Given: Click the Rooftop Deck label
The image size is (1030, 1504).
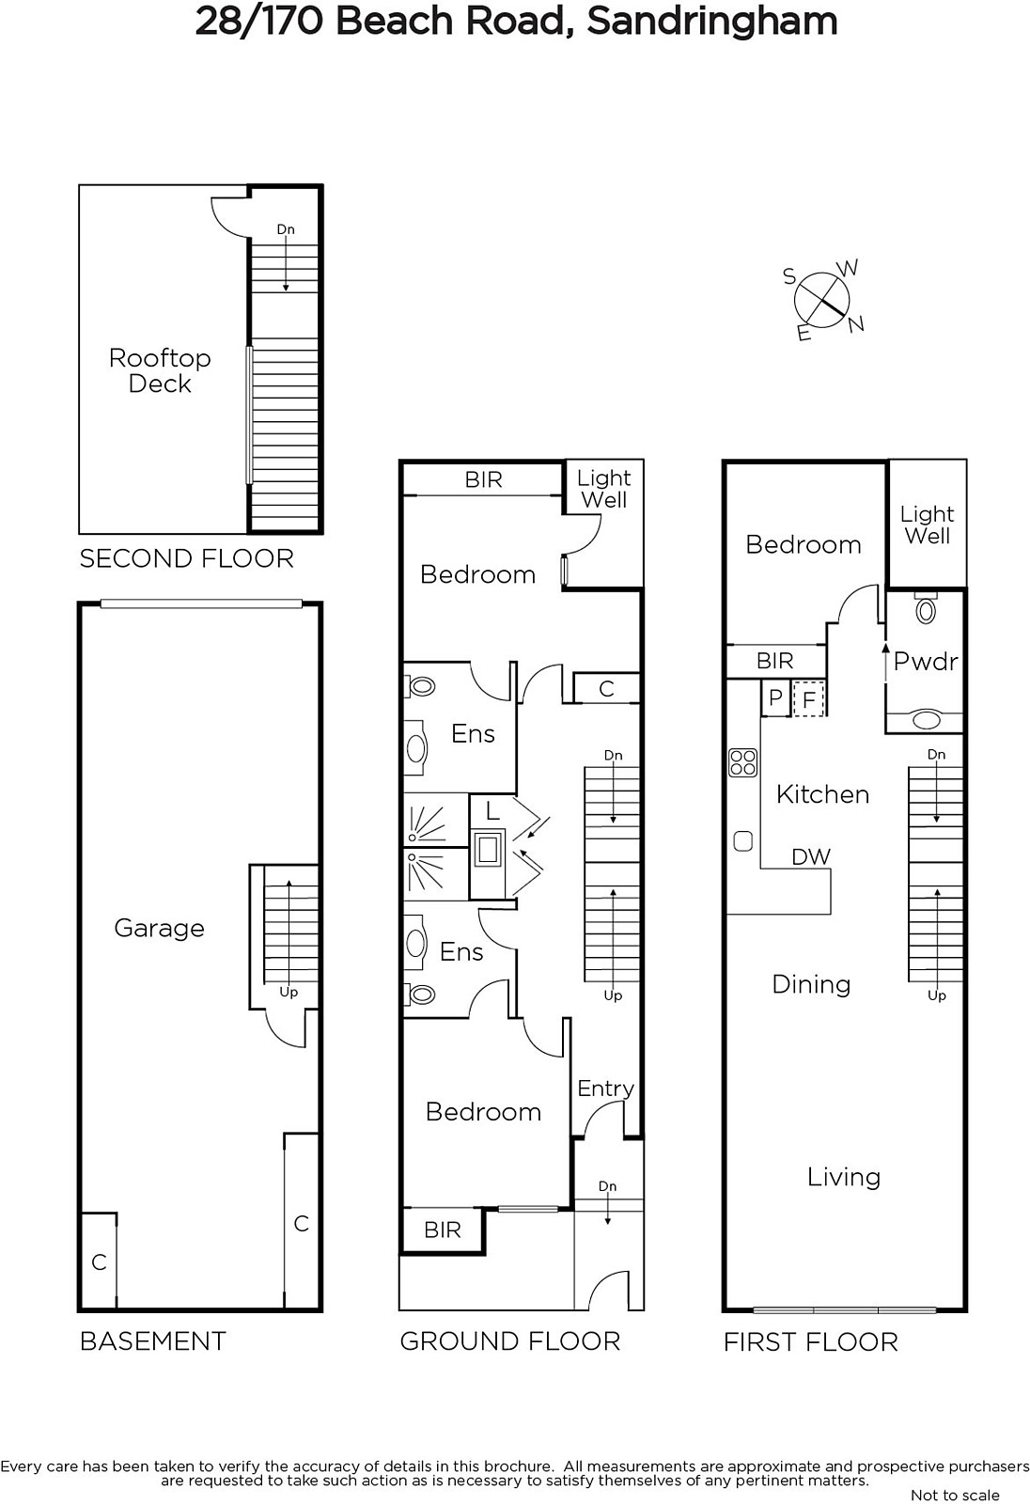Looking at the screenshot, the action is (160, 370).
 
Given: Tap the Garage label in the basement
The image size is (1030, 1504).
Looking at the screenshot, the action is (159, 928).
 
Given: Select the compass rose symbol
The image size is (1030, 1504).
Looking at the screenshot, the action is (822, 300).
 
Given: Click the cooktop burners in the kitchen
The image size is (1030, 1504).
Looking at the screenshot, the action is (742, 762).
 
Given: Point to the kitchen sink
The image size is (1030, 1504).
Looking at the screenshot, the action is (742, 841).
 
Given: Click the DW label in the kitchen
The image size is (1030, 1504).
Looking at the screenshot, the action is (811, 856).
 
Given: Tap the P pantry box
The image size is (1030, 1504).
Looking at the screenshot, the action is (775, 697).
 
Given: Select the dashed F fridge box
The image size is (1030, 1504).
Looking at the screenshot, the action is (809, 699).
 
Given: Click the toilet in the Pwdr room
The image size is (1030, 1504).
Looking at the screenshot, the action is (926, 609).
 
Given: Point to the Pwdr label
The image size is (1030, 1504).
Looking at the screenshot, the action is (926, 662).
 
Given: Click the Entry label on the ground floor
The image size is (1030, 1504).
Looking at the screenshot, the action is (605, 1089).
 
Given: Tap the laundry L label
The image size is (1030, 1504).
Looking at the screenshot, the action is (492, 812).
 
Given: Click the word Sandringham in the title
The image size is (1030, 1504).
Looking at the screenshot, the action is (712, 22).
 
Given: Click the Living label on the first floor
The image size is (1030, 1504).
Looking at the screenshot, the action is (843, 1177).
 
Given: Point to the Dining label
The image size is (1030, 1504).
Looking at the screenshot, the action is (811, 985).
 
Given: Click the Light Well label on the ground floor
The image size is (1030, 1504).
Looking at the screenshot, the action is (603, 488).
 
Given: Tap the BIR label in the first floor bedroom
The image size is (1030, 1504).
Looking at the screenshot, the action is (775, 662).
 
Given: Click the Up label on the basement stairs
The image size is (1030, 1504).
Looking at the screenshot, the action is (289, 993).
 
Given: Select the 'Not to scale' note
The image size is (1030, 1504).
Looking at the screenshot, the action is (955, 1496).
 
